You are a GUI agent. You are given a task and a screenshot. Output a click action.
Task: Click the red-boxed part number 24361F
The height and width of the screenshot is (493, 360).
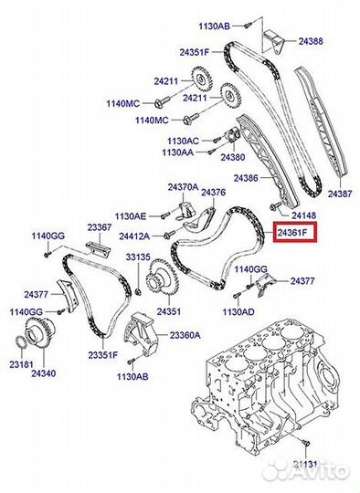click(296, 234)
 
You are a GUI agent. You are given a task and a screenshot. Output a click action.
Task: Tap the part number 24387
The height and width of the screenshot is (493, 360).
click(339, 194)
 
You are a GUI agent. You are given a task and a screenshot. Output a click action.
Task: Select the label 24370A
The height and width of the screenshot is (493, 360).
click(182, 186)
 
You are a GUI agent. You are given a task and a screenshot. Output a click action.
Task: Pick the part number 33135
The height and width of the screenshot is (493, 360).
click(137, 257)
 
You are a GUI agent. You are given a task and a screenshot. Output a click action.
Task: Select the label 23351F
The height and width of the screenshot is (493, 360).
click(102, 355)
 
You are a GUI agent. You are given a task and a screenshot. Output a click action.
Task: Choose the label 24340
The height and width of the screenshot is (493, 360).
click(44, 373)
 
